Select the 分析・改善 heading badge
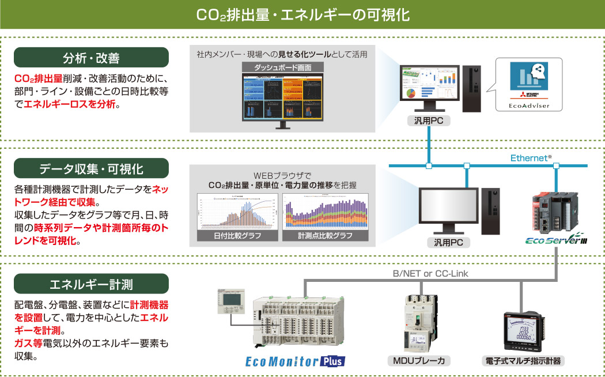91,58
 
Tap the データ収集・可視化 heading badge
91,168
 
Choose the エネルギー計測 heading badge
91,284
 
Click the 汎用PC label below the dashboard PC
428,120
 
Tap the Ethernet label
531,157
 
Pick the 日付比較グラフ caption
237,236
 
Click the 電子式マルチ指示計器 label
523,361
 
